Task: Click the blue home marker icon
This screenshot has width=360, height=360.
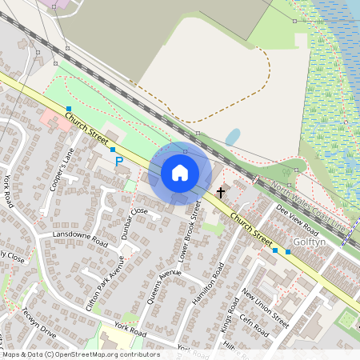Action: (x=180, y=172)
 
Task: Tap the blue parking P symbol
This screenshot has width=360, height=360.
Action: (x=119, y=161)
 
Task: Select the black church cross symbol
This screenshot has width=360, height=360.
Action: (x=221, y=193)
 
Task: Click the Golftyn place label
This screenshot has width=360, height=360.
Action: (x=307, y=242)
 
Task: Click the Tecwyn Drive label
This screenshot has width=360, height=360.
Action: (x=38, y=323)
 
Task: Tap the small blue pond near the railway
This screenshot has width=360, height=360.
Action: (x=232, y=137)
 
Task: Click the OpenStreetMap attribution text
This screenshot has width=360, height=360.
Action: (x=80, y=354)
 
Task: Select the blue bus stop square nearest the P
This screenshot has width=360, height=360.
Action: (x=113, y=150)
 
